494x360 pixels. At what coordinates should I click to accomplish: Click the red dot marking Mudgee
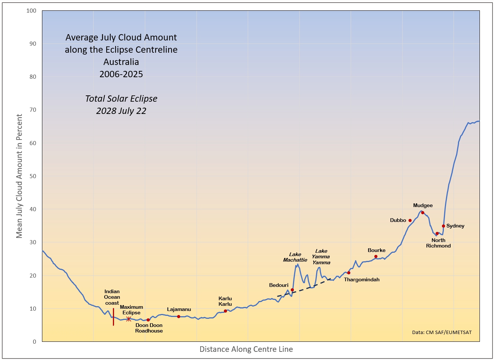pos(423,213)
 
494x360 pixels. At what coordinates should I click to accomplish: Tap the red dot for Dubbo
pos(410,220)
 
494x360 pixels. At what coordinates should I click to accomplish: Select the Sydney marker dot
pos(443,226)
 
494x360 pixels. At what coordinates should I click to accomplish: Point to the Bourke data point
pos(376,256)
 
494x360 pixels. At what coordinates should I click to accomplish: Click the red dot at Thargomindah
pos(349,273)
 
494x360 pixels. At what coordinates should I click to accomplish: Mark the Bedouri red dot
pos(292,290)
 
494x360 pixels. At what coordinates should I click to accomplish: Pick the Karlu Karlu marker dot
pos(225,311)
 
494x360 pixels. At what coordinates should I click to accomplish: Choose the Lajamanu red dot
pos(179,317)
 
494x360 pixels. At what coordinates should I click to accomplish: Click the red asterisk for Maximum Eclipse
pos(129,319)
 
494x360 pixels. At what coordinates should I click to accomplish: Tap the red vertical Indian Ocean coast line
pos(114,317)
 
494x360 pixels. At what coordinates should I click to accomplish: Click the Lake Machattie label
pos(295,257)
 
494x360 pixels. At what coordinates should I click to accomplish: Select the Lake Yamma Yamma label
pos(321,257)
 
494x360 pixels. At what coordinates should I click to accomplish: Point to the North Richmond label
pos(438,243)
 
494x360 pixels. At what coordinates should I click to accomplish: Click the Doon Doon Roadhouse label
pos(149,328)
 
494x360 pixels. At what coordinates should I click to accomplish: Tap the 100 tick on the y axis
pos(32,11)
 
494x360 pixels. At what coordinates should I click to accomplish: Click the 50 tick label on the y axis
pos(33,176)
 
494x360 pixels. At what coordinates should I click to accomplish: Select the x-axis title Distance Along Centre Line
pos(246,349)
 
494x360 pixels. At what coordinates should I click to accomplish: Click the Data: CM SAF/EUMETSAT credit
pos(442,333)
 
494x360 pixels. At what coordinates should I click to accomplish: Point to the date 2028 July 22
pos(121,111)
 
